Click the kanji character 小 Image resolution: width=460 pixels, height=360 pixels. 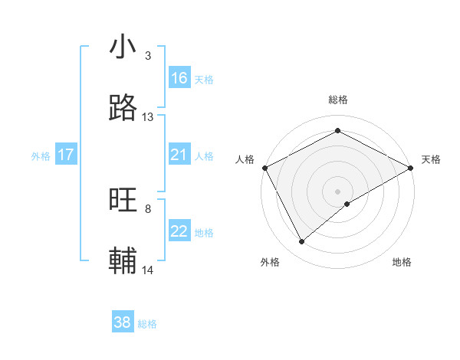(x=123, y=47)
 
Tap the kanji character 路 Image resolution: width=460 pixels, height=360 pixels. (x=123, y=109)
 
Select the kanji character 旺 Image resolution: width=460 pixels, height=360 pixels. (x=123, y=201)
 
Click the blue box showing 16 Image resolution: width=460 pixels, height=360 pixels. (x=179, y=78)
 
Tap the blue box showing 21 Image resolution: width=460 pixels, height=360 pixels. (x=179, y=155)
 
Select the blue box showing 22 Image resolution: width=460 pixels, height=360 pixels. (x=179, y=232)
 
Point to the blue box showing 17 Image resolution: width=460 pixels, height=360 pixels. (x=66, y=155)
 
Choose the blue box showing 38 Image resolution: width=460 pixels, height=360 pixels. (x=123, y=323)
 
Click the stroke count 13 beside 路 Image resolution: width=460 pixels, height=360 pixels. (x=148, y=117)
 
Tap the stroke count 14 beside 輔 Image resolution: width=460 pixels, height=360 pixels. (x=148, y=270)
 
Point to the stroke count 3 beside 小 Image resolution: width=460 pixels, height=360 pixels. (x=148, y=56)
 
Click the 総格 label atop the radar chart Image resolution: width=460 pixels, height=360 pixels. (x=338, y=100)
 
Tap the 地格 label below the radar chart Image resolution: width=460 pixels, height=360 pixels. (x=402, y=263)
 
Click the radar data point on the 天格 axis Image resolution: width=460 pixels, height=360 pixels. (x=412, y=168)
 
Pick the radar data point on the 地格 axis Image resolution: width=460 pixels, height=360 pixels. (x=348, y=204)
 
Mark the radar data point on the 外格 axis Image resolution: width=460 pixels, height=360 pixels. (x=302, y=242)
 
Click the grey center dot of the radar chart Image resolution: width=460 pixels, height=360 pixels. (x=338, y=191)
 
